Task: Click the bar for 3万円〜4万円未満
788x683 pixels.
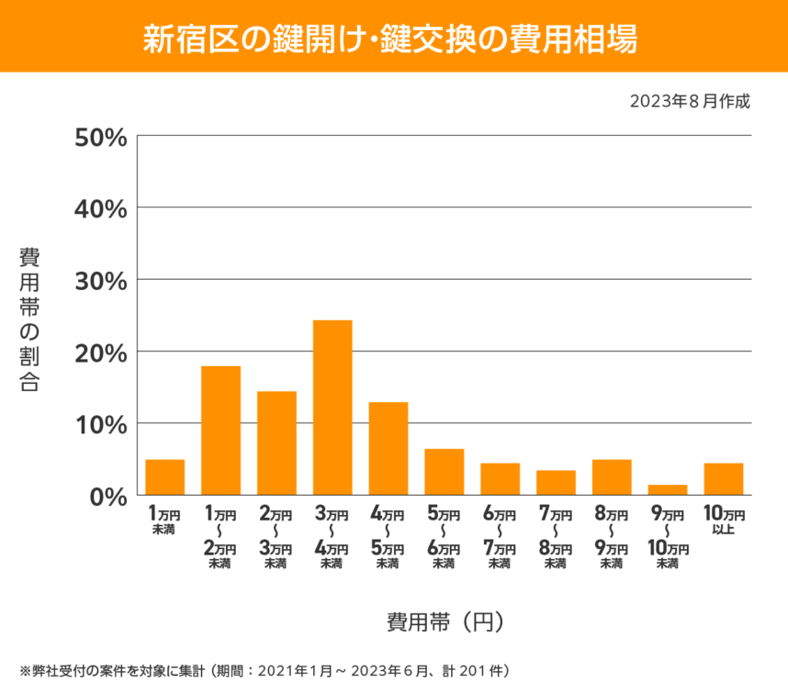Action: [x=332, y=408]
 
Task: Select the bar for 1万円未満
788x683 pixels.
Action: [x=165, y=477]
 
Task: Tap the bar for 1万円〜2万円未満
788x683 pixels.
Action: [x=220, y=431]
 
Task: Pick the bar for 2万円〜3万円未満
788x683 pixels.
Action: [x=276, y=443]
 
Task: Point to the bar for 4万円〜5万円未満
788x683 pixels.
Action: [x=388, y=449]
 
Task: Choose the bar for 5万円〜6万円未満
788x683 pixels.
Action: [x=444, y=472]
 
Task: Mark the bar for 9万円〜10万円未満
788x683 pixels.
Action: [x=667, y=490]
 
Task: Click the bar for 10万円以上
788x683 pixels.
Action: [x=723, y=479]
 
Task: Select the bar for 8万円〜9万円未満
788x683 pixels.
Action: [x=612, y=477]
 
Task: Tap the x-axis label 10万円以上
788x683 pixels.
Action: [x=723, y=521]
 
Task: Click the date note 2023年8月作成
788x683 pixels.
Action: [x=690, y=101]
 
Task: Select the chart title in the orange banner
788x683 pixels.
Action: [x=393, y=39]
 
